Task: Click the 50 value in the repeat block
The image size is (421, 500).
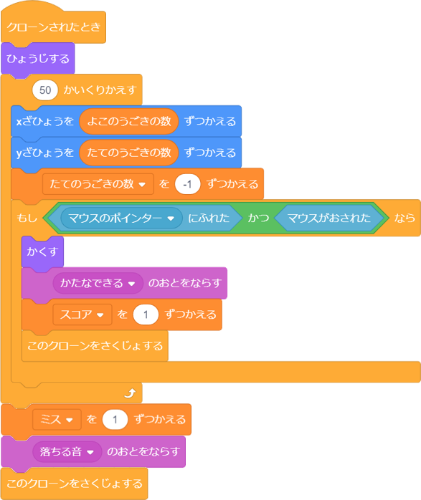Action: click(x=45, y=90)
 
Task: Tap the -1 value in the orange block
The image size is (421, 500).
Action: click(x=187, y=184)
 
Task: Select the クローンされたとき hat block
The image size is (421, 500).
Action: click(x=53, y=27)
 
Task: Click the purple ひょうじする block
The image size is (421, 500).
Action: click(x=38, y=59)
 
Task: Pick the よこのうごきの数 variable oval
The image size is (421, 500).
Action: click(x=129, y=121)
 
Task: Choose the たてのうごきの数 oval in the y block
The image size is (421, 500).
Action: click(x=129, y=153)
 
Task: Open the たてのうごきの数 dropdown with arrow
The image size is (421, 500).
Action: click(x=98, y=184)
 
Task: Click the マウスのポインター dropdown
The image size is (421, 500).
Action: click(x=122, y=218)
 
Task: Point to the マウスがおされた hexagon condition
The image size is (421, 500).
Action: click(x=328, y=218)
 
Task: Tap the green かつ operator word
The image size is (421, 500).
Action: click(x=258, y=218)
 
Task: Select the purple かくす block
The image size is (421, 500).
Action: click(x=42, y=251)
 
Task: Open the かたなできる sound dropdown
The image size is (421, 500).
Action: click(x=98, y=283)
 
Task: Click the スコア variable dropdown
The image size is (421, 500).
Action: click(x=82, y=314)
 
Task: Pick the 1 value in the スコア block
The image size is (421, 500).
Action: click(x=146, y=314)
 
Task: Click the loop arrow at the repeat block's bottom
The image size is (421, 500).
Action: click(x=131, y=393)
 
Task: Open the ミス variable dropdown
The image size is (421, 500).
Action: click(x=57, y=419)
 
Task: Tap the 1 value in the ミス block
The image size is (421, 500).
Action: click(x=115, y=419)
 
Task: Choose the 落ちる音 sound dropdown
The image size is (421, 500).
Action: click(x=67, y=451)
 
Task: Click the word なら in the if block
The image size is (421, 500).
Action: click(x=405, y=218)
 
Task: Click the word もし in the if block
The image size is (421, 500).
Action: click(x=27, y=218)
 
